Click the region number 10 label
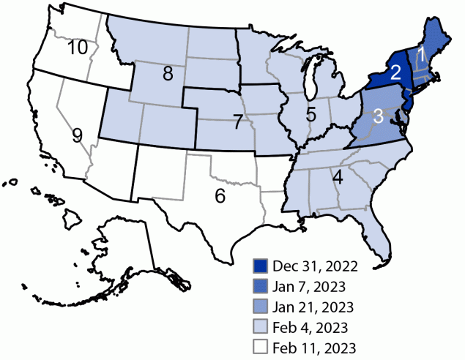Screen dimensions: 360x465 click(x=78, y=48)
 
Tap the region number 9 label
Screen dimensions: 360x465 click(x=78, y=135)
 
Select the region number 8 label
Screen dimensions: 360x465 click(x=168, y=73)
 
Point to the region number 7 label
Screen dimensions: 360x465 click(x=237, y=122)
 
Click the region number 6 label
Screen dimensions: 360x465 click(x=310, y=114)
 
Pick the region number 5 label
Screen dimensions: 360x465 click(x=220, y=195)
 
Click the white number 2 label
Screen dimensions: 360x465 click(x=395, y=72)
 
